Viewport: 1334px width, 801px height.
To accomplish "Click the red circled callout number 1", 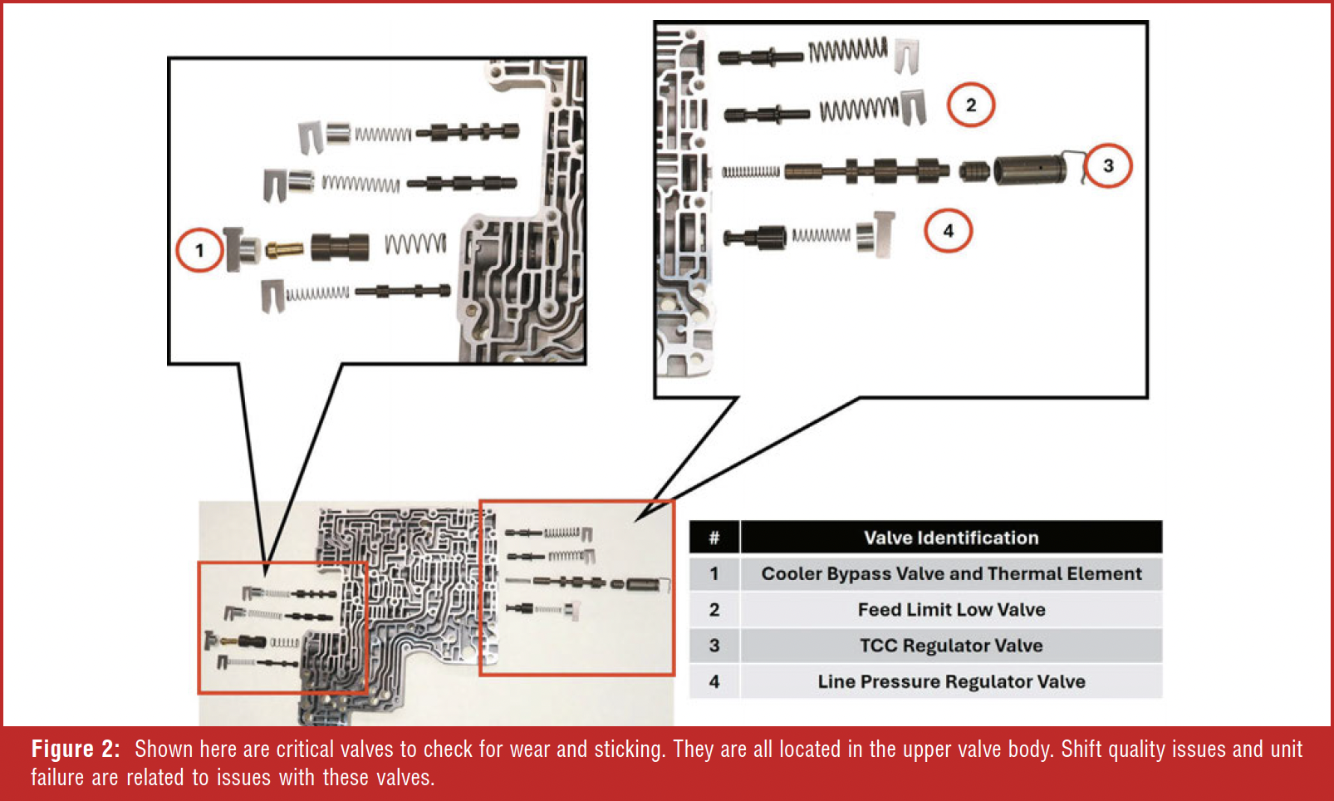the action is pyautogui.click(x=199, y=250).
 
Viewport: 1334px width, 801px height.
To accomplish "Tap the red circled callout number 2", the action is pyautogui.click(x=971, y=105).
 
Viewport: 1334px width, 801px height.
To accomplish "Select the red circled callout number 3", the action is pyautogui.click(x=1108, y=165).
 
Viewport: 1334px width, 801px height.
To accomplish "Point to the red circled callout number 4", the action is pyautogui.click(x=948, y=230).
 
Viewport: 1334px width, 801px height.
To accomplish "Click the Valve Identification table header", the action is pyautogui.click(x=951, y=538).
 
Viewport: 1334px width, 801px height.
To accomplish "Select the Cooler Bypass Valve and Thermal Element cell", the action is pyautogui.click(x=951, y=573).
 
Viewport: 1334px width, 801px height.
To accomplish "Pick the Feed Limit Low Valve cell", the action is pyautogui.click(x=951, y=609).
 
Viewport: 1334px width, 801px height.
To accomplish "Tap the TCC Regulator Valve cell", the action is pyautogui.click(x=951, y=646).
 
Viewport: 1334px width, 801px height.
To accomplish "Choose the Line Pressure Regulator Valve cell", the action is pyautogui.click(x=951, y=681).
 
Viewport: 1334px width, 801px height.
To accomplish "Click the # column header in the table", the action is pyautogui.click(x=714, y=538).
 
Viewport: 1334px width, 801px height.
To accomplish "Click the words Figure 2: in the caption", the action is pyautogui.click(x=76, y=749).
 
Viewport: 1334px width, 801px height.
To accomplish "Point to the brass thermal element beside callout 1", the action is pyautogui.click(x=285, y=248).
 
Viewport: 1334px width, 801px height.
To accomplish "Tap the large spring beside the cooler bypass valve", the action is pyautogui.click(x=415, y=243).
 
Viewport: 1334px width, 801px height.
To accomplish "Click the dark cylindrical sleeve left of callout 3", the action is pyautogui.click(x=1030, y=170).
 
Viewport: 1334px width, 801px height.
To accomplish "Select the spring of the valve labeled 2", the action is pyautogui.click(x=859, y=109).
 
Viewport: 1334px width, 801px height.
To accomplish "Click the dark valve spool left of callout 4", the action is pyautogui.click(x=755, y=238).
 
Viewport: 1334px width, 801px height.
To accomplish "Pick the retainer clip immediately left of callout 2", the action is pyautogui.click(x=913, y=106).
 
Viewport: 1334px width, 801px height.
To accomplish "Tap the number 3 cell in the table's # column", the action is pyautogui.click(x=714, y=646).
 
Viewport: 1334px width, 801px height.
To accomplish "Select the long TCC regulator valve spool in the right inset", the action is pyautogui.click(x=867, y=171).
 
